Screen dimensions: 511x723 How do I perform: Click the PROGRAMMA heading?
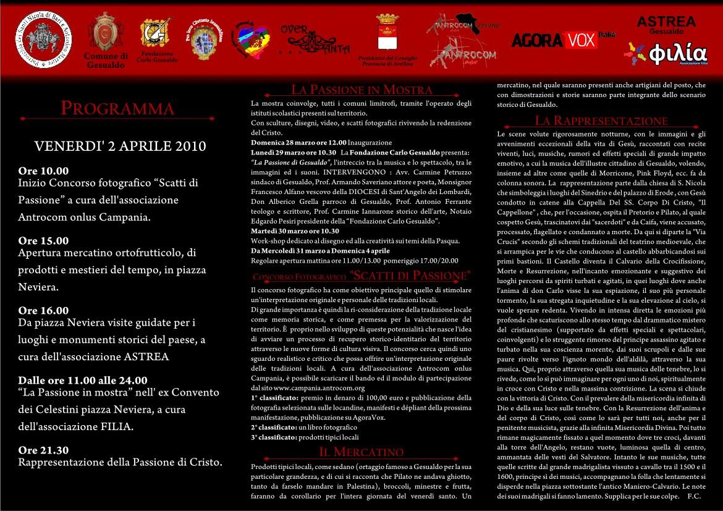click(117, 109)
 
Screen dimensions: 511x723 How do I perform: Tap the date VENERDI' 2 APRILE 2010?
click(120, 146)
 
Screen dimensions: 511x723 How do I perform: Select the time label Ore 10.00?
click(44, 171)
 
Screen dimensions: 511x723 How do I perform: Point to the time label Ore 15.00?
click(44, 241)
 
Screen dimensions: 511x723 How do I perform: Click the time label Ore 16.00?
click(44, 311)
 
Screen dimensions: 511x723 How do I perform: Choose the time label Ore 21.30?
click(44, 450)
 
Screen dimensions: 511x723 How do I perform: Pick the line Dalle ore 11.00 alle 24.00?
click(83, 381)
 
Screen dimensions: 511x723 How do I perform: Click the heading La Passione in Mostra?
click(361, 90)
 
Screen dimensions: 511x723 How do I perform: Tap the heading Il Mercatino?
click(361, 452)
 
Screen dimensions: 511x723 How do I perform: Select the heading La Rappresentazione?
click(601, 120)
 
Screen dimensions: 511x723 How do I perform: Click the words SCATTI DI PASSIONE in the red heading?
click(408, 275)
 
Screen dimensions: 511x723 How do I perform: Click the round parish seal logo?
click(43, 38)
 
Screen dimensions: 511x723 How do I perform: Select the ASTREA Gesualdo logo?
click(666, 24)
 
